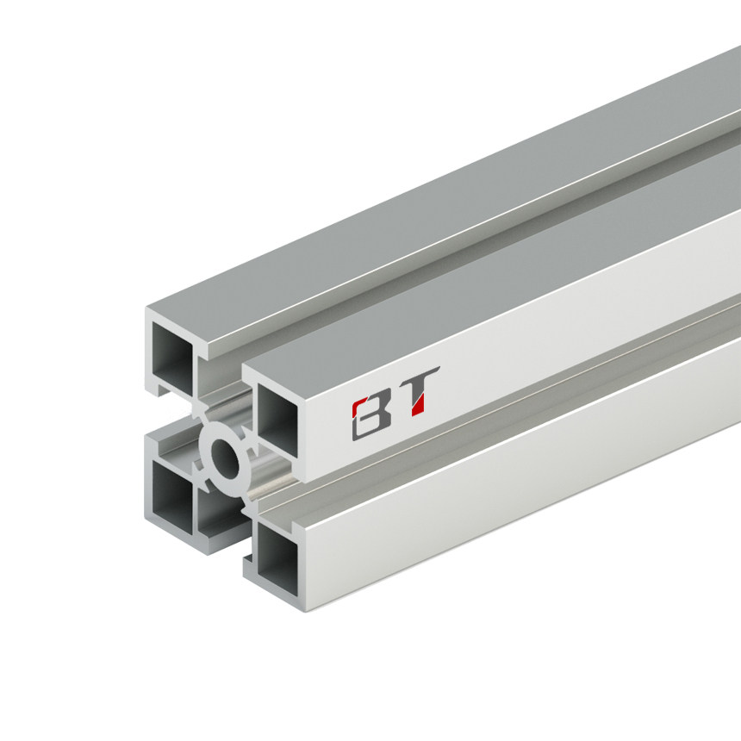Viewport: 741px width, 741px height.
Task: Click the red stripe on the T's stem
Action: pyautogui.click(x=418, y=401)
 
